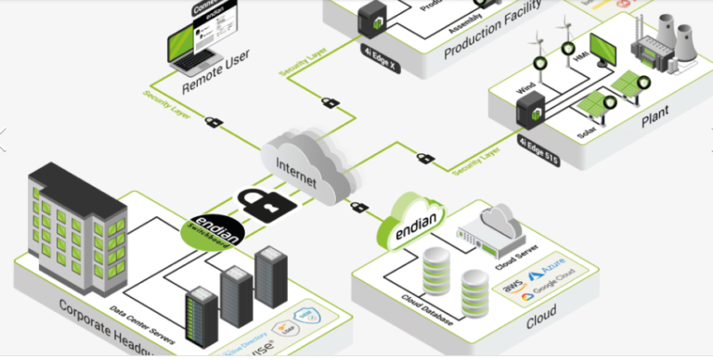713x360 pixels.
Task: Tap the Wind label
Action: tap(527, 89)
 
